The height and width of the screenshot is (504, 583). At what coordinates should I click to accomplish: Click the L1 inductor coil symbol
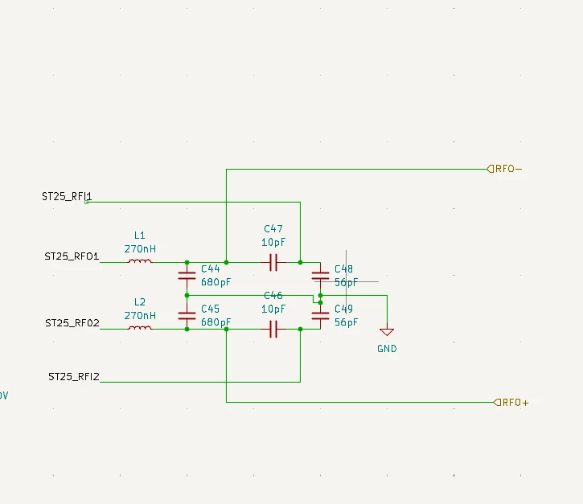[x=140, y=261]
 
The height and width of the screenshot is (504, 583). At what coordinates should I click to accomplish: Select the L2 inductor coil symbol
[x=140, y=328]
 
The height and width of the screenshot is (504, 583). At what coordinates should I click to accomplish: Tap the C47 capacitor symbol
[x=273, y=262]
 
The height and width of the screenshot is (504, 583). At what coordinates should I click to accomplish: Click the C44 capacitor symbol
[x=187, y=276]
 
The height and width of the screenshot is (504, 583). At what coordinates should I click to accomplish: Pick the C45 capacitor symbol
[x=187, y=316]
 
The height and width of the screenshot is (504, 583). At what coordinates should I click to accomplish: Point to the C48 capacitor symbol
[x=321, y=276]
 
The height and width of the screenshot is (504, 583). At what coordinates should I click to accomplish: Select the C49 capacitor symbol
[x=321, y=316]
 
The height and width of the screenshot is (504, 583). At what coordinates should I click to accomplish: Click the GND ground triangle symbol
[x=387, y=331]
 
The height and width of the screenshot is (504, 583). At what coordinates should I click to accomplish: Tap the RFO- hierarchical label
[x=504, y=169]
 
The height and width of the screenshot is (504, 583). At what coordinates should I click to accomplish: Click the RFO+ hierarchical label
[x=511, y=403]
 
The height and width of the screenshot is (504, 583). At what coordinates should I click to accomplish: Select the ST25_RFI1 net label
[x=67, y=196]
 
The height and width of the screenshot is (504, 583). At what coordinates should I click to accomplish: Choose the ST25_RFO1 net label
[x=72, y=256]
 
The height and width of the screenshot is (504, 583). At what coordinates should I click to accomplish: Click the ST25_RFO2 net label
[x=72, y=323]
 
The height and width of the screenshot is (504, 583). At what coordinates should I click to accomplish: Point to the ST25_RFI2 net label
[x=74, y=377]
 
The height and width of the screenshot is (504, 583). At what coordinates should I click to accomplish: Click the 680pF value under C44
[x=216, y=282]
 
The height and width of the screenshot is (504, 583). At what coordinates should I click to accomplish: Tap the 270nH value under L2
[x=140, y=316]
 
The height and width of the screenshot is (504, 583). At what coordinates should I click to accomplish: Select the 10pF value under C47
[x=273, y=242]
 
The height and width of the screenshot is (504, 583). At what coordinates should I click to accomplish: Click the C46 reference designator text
[x=273, y=296]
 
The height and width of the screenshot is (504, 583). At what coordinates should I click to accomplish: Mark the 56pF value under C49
[x=346, y=322]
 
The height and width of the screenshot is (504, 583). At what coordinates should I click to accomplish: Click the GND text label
[x=387, y=349]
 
